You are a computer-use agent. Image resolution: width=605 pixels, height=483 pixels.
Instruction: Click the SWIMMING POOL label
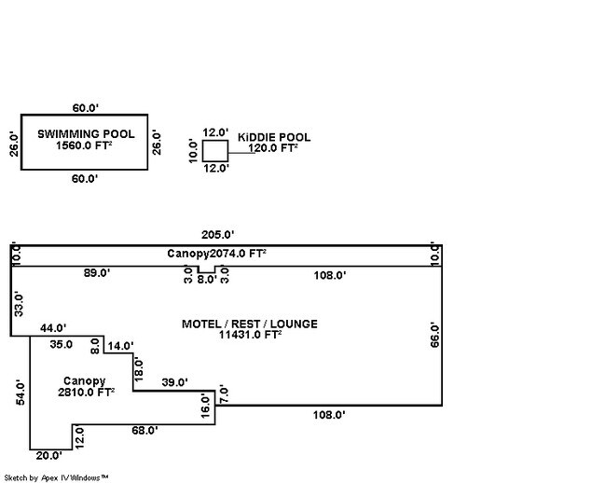tap(86, 134)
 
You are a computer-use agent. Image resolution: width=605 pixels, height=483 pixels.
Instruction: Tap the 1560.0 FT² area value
tap(86, 146)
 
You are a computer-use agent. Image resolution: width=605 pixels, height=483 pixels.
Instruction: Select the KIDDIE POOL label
tap(273, 137)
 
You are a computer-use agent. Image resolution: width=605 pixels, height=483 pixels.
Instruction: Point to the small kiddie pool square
tap(215, 150)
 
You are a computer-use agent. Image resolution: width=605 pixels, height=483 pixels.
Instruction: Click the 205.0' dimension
tap(219, 234)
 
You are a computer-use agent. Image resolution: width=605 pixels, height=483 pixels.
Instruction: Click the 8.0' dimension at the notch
tap(207, 278)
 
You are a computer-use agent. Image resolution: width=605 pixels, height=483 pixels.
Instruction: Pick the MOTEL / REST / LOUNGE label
tap(249, 324)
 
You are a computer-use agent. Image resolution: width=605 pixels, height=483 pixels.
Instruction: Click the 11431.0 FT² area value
tap(249, 335)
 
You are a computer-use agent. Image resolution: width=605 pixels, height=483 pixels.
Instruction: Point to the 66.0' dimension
tap(433, 334)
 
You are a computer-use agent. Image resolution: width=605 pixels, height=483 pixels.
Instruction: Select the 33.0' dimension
tap(20, 303)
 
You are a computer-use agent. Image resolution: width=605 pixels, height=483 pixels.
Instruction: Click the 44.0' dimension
tap(53, 328)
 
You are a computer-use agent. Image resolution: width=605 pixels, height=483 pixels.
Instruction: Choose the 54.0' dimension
tap(21, 391)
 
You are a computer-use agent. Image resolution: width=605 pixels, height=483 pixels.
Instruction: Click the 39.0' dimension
tap(174, 382)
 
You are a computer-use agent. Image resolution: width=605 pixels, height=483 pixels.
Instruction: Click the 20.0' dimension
tap(48, 456)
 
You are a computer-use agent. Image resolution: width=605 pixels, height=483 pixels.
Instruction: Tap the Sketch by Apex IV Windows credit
tap(55, 477)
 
